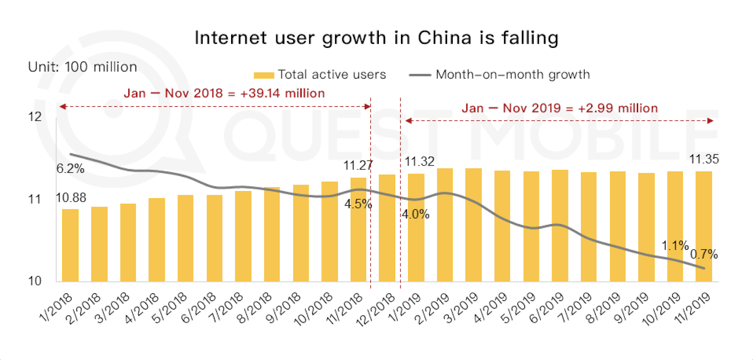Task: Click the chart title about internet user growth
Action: tap(376, 38)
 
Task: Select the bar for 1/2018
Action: tap(70, 245)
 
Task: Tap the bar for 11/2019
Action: tap(704, 226)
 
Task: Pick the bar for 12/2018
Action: tap(387, 228)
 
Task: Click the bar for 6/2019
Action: tap(560, 226)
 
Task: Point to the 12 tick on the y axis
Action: tap(35, 117)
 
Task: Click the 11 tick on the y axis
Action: tap(35, 200)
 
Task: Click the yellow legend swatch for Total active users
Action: tap(264, 75)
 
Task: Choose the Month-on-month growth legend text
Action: tap(513, 75)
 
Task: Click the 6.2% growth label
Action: tap(71, 168)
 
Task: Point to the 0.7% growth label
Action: tap(704, 255)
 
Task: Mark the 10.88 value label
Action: tap(71, 198)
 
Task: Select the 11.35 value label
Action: tap(704, 160)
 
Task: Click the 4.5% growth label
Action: tap(358, 204)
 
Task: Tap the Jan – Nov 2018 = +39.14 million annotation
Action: tap(224, 93)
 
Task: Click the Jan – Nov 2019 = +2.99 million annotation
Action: tap(560, 108)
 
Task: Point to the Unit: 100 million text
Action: tap(82, 67)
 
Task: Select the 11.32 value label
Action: tap(419, 162)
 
